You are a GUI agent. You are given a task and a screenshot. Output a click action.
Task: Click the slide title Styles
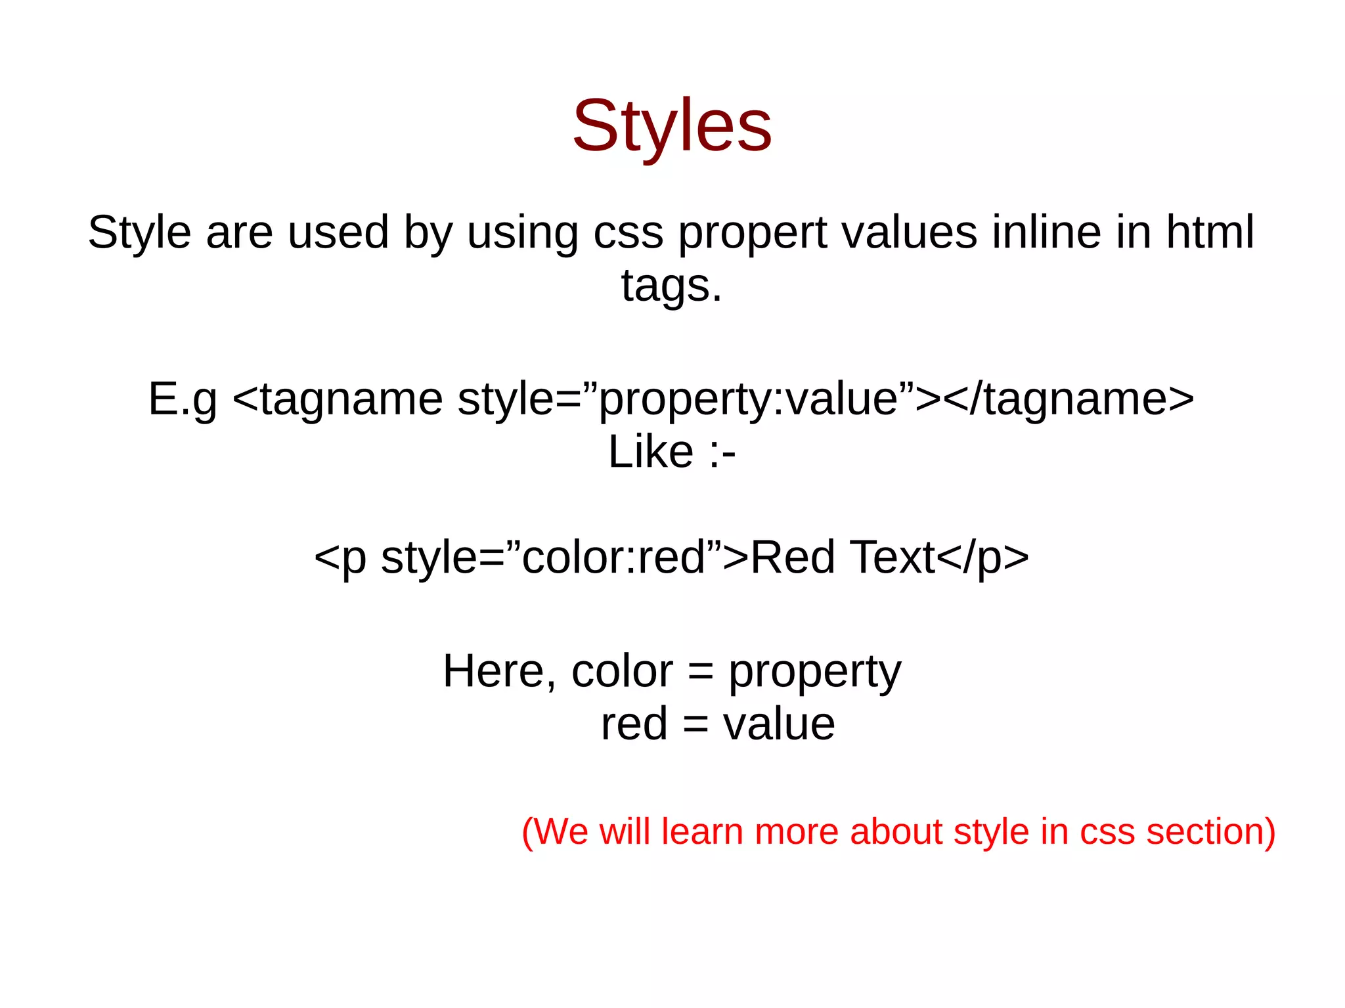pos(672,126)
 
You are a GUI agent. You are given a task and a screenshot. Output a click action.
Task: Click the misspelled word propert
pos(752,233)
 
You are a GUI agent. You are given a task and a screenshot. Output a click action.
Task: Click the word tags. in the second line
pos(671,286)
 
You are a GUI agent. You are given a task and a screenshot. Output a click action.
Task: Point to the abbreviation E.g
pos(182,399)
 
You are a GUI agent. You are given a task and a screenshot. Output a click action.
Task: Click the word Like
pos(650,452)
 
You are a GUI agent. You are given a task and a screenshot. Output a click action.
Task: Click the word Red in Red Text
pos(792,558)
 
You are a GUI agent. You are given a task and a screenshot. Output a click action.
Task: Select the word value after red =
pos(779,724)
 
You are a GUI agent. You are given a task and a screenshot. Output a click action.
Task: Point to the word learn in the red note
pos(703,831)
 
